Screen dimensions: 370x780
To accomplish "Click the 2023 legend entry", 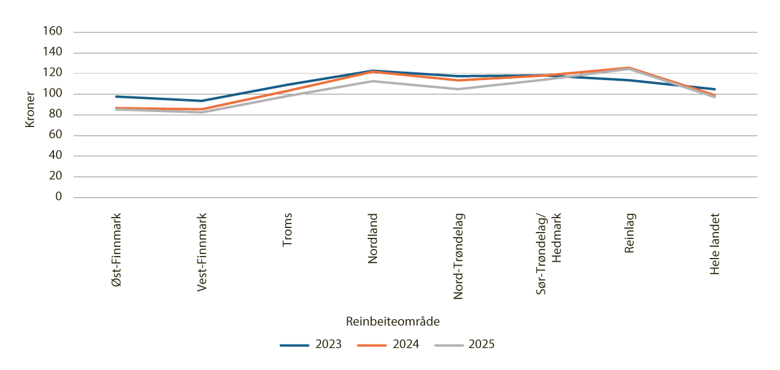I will tap(311, 345).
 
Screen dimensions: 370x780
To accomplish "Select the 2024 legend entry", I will tap(388, 345).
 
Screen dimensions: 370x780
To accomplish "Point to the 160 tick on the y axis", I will tap(53, 32).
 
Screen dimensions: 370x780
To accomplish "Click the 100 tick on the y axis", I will tap(53, 94).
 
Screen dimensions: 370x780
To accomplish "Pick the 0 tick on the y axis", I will tap(59, 197).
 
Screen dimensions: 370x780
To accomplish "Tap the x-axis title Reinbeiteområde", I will tap(393, 321).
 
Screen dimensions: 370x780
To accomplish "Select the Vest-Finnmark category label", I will tap(202, 253).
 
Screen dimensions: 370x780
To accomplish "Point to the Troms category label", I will tap(287, 230).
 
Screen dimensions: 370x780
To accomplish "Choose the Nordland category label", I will tap(372, 238).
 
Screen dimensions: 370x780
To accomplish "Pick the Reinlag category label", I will tap(629, 234).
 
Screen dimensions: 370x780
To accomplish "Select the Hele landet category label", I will tap(715, 243).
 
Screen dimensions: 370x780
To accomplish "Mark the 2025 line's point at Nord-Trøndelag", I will tap(458, 89).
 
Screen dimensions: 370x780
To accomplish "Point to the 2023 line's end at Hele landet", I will tap(715, 89).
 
